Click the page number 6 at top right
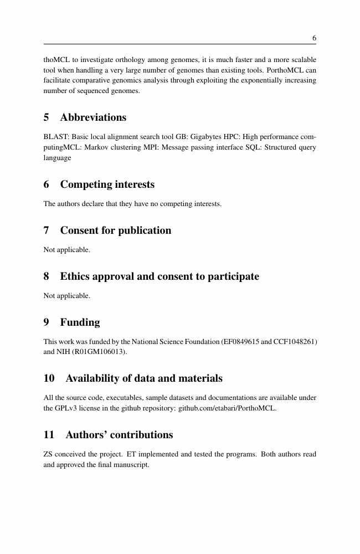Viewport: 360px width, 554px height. (314, 38)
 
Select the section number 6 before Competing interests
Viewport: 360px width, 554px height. (47, 184)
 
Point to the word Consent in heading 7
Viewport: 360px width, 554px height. (81, 230)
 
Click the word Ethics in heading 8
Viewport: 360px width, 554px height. (76, 276)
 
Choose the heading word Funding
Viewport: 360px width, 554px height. (80, 322)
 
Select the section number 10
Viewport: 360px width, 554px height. (49, 379)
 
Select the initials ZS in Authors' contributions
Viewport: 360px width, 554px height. (48, 454)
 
